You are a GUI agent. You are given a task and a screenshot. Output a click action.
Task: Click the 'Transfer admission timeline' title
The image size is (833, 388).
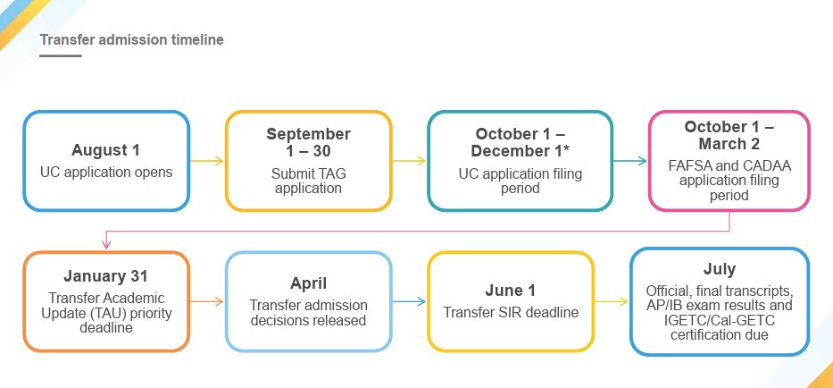(x=131, y=40)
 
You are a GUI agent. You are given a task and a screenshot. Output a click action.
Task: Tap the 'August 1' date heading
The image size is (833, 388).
(x=106, y=150)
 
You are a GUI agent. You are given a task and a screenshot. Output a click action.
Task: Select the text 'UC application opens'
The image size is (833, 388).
(x=106, y=171)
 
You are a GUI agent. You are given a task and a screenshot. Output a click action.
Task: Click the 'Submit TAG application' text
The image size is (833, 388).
(x=308, y=181)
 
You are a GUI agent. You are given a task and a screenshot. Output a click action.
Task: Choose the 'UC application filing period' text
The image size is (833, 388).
(x=520, y=181)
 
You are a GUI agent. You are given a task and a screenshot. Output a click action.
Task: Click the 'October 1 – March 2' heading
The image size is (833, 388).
(x=729, y=135)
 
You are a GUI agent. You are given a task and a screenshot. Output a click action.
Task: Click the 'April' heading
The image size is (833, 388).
(x=308, y=283)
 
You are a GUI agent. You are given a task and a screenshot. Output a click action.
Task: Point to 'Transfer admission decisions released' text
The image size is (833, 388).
(x=308, y=312)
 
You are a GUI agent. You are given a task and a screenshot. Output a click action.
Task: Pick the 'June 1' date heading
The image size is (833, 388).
(x=511, y=290)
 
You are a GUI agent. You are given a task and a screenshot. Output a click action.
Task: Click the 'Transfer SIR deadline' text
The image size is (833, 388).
(x=511, y=312)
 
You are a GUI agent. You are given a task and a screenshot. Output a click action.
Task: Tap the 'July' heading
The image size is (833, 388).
(x=719, y=268)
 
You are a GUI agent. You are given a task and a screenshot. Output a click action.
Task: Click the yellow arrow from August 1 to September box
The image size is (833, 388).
(x=206, y=162)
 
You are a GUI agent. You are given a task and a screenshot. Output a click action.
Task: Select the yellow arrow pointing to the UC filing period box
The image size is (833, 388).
(x=409, y=162)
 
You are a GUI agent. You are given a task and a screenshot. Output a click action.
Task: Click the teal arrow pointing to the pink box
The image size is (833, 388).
(x=629, y=162)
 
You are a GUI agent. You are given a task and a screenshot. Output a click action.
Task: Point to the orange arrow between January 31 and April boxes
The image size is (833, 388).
(x=206, y=301)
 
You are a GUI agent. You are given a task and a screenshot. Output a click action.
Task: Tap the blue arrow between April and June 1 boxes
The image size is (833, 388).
(x=409, y=301)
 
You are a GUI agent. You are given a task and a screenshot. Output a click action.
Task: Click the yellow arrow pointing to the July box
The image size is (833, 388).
(x=612, y=301)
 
